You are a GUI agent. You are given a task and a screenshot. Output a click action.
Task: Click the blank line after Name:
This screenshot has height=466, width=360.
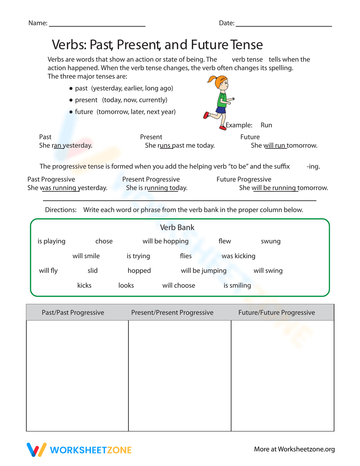pyautogui.click(x=97, y=25)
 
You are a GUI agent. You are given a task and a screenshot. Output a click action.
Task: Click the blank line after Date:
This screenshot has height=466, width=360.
pyautogui.click(x=284, y=25)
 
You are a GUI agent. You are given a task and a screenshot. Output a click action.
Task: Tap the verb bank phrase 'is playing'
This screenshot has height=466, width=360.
pyautogui.click(x=51, y=241)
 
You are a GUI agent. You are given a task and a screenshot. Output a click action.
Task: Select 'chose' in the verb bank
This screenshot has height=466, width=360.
pyautogui.click(x=104, y=241)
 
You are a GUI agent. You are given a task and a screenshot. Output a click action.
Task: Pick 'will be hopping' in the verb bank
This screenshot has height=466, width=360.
pyautogui.click(x=166, y=241)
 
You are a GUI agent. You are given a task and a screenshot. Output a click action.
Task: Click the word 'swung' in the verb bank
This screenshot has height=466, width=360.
pyautogui.click(x=271, y=241)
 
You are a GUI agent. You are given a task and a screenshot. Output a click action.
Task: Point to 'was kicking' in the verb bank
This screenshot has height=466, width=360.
pyautogui.click(x=238, y=256)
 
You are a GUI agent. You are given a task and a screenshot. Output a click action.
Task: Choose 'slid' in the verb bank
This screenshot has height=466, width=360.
pyautogui.click(x=93, y=271)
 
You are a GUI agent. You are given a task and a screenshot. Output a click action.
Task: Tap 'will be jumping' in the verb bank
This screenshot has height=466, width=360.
pyautogui.click(x=204, y=271)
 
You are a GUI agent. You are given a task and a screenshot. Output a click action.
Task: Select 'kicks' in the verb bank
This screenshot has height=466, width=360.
pyautogui.click(x=84, y=286)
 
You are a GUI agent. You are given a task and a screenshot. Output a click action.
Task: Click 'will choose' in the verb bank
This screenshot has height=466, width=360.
pyautogui.click(x=179, y=286)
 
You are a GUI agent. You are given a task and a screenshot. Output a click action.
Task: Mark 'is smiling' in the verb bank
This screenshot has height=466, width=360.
pyautogui.click(x=237, y=286)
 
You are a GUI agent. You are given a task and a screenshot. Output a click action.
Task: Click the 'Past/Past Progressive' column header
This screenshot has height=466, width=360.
pyautogui.click(x=73, y=313)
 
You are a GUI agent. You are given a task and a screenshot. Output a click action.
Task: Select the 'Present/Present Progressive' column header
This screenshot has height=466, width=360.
pyautogui.click(x=172, y=313)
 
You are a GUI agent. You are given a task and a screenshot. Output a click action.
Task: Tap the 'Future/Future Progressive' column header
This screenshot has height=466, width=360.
pyautogui.click(x=276, y=313)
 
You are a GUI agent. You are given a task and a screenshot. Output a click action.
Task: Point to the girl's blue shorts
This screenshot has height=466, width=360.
pyautogui.click(x=221, y=109)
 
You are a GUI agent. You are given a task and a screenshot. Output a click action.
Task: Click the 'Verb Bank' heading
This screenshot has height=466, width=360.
pyautogui.click(x=177, y=228)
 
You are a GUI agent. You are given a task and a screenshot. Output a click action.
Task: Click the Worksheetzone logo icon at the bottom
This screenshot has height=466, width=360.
pyautogui.click(x=36, y=450)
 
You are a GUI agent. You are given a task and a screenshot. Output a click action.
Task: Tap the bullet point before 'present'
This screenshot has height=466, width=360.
pyautogui.click(x=71, y=100)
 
